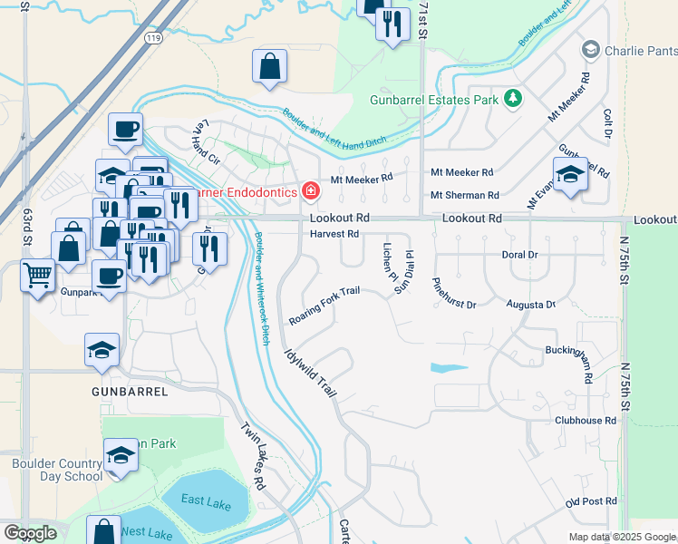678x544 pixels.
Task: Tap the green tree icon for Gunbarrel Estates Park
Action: pos(513,97)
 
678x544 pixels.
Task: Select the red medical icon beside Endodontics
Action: pos(311,191)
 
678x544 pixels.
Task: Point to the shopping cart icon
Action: pos(37,275)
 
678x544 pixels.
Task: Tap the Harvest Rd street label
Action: pos(334,234)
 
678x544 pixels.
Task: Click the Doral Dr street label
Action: pos(519,255)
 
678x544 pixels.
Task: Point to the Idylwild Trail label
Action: pos(310,373)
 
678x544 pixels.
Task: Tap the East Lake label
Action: pos(204,500)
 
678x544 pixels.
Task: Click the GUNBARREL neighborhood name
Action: pos(130,392)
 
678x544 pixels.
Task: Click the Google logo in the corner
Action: pos(31,533)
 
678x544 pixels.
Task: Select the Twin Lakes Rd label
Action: pos(253,457)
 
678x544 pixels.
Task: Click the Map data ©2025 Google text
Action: pos(621,537)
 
